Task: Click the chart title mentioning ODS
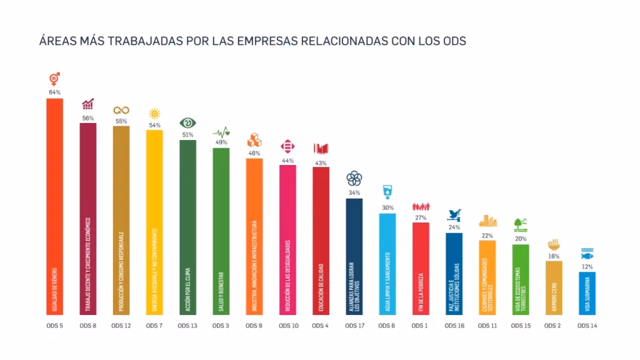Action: coord(252,41)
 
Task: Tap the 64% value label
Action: coord(54,92)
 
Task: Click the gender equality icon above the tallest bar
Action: coord(54,79)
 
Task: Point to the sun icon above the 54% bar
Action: coord(154,113)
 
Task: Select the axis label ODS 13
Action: coord(187,326)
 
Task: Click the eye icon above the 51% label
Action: coord(187,122)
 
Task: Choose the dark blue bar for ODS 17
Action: coord(354,256)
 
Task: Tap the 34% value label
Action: coord(354,192)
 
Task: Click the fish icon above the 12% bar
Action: coord(587,254)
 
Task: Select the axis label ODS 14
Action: coord(587,326)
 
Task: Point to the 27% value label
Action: coord(421,217)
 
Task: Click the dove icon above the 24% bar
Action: coord(454,215)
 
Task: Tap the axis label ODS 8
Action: coord(87,326)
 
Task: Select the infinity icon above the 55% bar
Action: coord(121,111)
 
